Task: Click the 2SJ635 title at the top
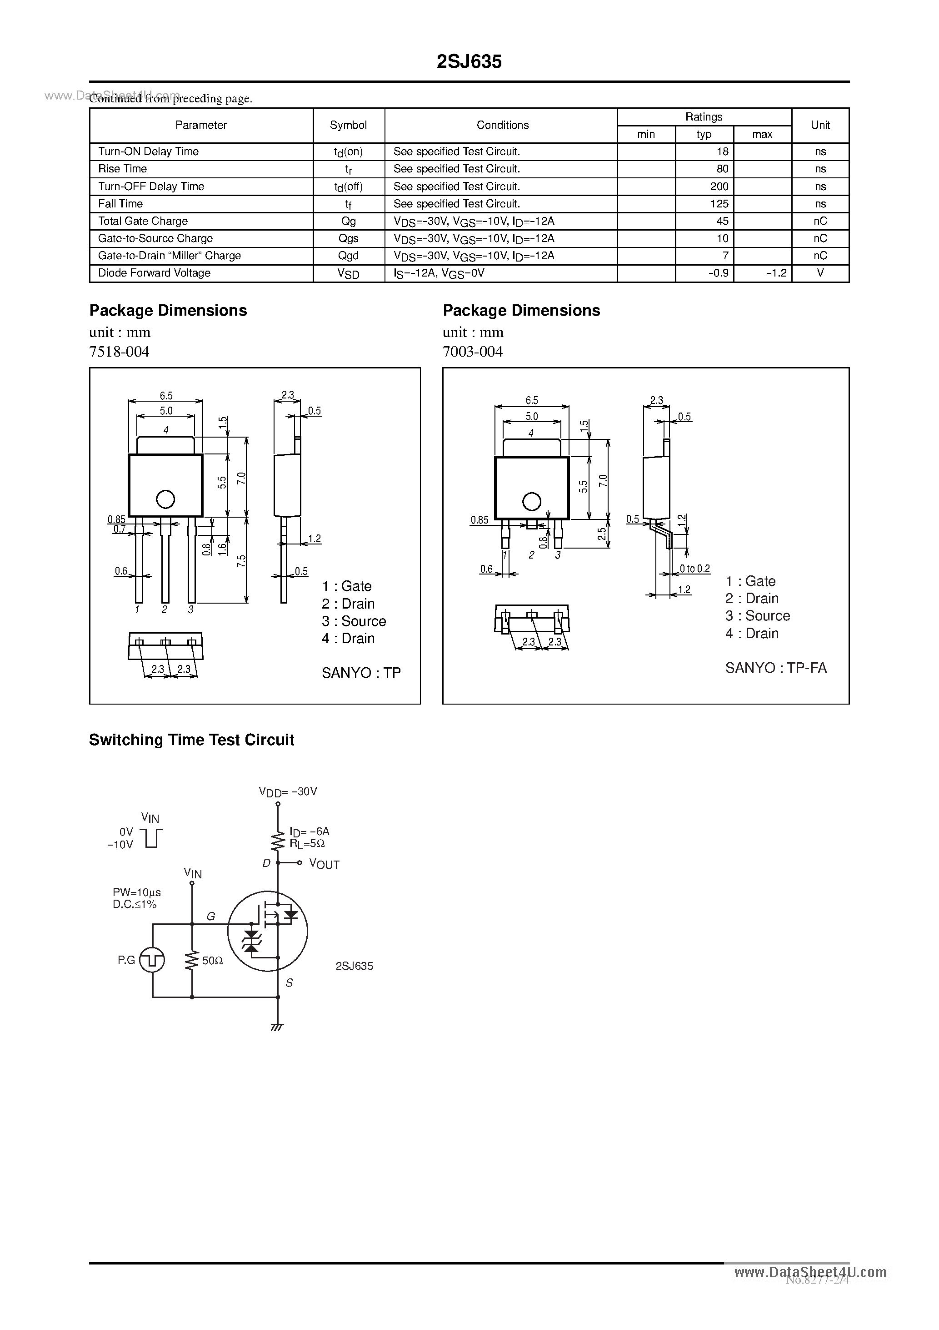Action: tap(469, 62)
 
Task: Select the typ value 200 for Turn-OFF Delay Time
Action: tap(719, 186)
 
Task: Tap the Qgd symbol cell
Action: tap(349, 256)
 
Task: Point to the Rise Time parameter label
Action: tap(123, 169)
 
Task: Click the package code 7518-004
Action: tap(119, 352)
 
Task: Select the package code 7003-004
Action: tap(472, 352)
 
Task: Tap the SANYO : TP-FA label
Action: tap(775, 668)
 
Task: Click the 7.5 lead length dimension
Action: tap(241, 561)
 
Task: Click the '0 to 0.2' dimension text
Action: tap(694, 569)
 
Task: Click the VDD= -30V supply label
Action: tap(288, 791)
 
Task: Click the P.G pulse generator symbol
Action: tap(153, 960)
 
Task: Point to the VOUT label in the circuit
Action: tap(324, 864)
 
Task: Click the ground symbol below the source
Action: tap(277, 1028)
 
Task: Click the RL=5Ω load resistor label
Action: tap(307, 844)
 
